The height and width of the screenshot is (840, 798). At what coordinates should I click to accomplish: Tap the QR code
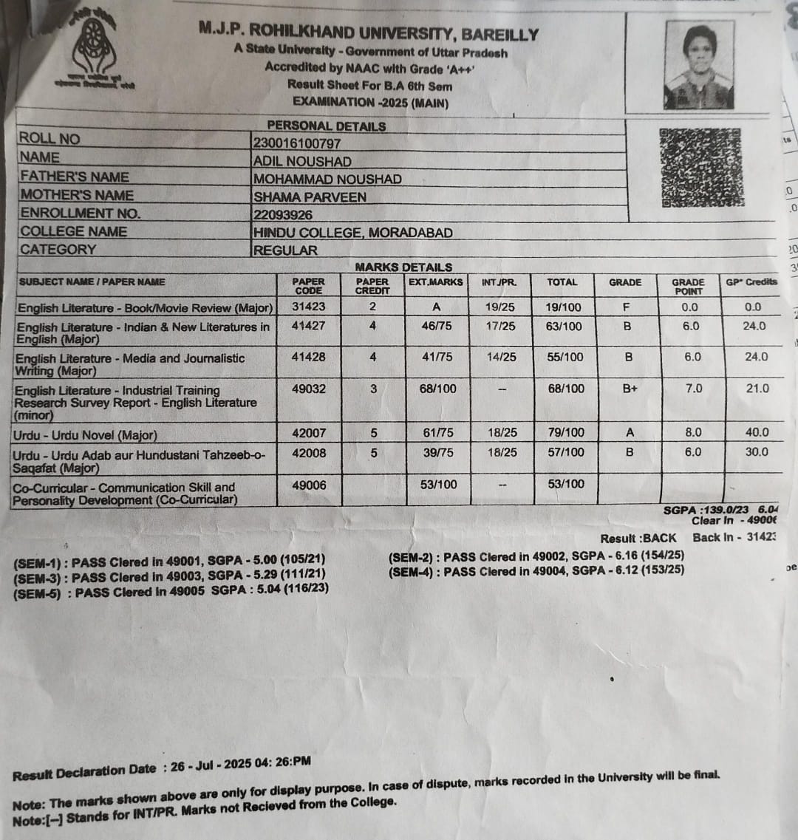click(x=701, y=168)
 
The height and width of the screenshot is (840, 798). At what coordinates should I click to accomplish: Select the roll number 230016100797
click(x=297, y=143)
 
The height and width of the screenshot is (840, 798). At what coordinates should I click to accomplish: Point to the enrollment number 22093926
click(x=283, y=215)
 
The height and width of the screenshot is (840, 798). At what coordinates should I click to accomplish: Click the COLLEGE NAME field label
click(x=73, y=231)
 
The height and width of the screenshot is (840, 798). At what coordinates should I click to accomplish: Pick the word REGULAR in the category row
click(x=285, y=250)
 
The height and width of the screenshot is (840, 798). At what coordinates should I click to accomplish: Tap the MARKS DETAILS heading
click(x=403, y=267)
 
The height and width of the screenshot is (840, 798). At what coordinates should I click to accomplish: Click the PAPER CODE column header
click(x=308, y=286)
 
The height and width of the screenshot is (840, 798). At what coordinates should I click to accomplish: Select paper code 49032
click(x=308, y=389)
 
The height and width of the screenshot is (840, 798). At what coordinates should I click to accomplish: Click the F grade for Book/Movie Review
click(x=627, y=307)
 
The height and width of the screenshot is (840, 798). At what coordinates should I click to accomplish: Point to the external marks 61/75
click(x=438, y=432)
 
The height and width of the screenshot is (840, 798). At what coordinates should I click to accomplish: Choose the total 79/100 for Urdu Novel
click(x=565, y=432)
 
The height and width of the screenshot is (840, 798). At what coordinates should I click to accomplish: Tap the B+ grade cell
click(x=630, y=389)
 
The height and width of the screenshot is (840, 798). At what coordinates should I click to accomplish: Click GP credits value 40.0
click(x=757, y=432)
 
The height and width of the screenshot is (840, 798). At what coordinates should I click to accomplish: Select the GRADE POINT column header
click(x=688, y=286)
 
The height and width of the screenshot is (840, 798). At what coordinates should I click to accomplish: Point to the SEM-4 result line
click(x=536, y=571)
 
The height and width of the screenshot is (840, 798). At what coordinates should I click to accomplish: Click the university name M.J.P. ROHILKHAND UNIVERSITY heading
click(x=369, y=33)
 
